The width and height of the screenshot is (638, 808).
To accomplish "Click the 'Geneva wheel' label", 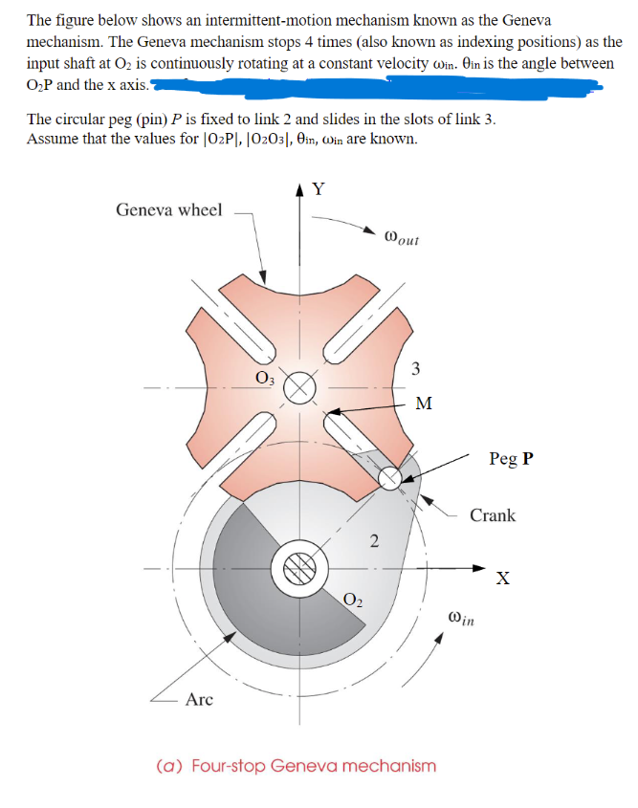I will click(168, 209).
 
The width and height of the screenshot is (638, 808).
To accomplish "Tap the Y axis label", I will click(319, 188).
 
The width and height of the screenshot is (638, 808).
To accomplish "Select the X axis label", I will click(502, 578).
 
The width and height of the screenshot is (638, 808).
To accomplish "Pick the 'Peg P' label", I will click(511, 458).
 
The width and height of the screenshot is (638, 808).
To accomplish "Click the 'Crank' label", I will click(493, 515).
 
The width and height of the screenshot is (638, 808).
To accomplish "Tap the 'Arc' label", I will click(199, 700).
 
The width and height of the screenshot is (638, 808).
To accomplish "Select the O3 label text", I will click(262, 376).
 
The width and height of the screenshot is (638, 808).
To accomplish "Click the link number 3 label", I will click(415, 369).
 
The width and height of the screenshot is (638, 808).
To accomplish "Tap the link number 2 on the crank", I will click(374, 542).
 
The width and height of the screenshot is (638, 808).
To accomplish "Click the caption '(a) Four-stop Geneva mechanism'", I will click(296, 766).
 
